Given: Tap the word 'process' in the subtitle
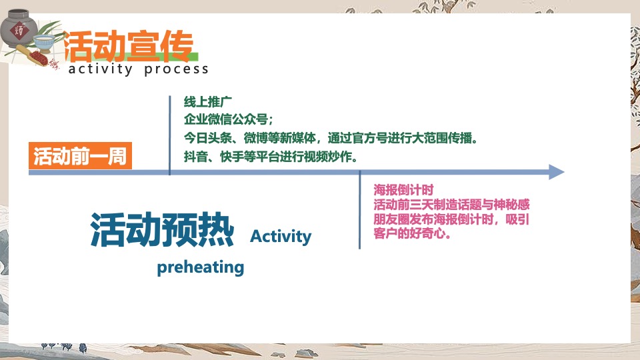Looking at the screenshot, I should tap(176, 69).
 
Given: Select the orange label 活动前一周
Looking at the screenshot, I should tap(80, 157).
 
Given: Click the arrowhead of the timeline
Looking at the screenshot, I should tap(556, 172).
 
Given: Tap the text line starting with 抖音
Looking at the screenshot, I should tap(271, 158).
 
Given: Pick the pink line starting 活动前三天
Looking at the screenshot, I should tap(451, 204).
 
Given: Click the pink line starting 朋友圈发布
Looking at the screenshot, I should tap(451, 219).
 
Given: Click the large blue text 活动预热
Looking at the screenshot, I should tap(162, 230).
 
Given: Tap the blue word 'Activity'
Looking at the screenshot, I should tap(281, 237).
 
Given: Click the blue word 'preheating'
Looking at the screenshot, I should tap(200, 267).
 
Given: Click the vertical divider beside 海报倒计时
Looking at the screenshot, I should tap(360, 210).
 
